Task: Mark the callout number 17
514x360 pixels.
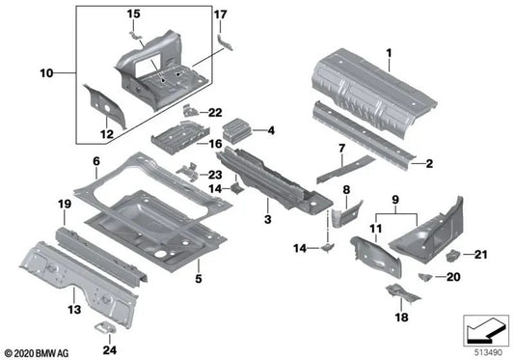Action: pyautogui.click(x=221, y=14)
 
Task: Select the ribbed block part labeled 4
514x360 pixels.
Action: pyautogui.click(x=237, y=127)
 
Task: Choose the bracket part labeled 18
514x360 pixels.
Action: pyautogui.click(x=398, y=292)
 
